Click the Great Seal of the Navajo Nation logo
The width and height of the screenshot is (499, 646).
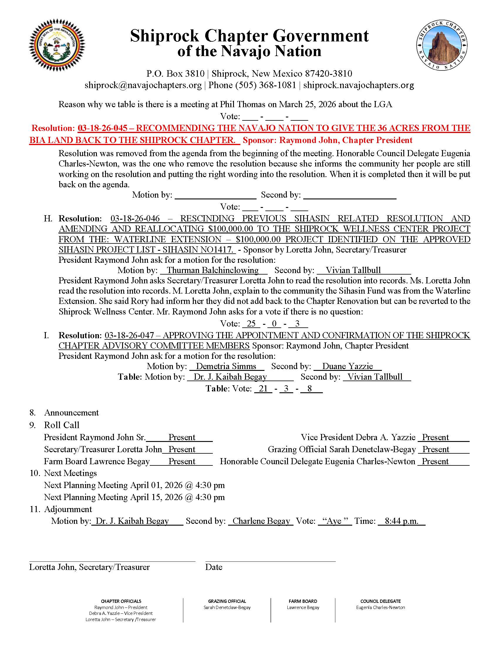click(56, 47)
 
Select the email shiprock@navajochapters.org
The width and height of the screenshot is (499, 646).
click(143, 85)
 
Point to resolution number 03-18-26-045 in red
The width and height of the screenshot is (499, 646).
click(102, 128)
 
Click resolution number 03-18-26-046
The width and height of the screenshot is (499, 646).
click(135, 218)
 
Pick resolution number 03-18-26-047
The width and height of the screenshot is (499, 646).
click(129, 335)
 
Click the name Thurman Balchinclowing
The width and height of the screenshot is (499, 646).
click(213, 270)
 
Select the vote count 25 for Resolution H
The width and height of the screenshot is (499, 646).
click(251, 324)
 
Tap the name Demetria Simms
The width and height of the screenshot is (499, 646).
click(226, 366)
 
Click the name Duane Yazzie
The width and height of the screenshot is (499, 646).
click(347, 366)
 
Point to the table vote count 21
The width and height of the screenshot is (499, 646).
click(263, 388)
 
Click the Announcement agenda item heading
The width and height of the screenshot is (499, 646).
click(71, 413)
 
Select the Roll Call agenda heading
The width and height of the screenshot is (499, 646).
click(61, 425)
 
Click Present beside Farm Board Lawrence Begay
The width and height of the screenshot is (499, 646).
click(182, 461)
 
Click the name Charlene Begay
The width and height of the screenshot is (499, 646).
click(261, 521)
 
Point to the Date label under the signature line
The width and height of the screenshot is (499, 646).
click(214, 567)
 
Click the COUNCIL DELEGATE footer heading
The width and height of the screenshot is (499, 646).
click(380, 601)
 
